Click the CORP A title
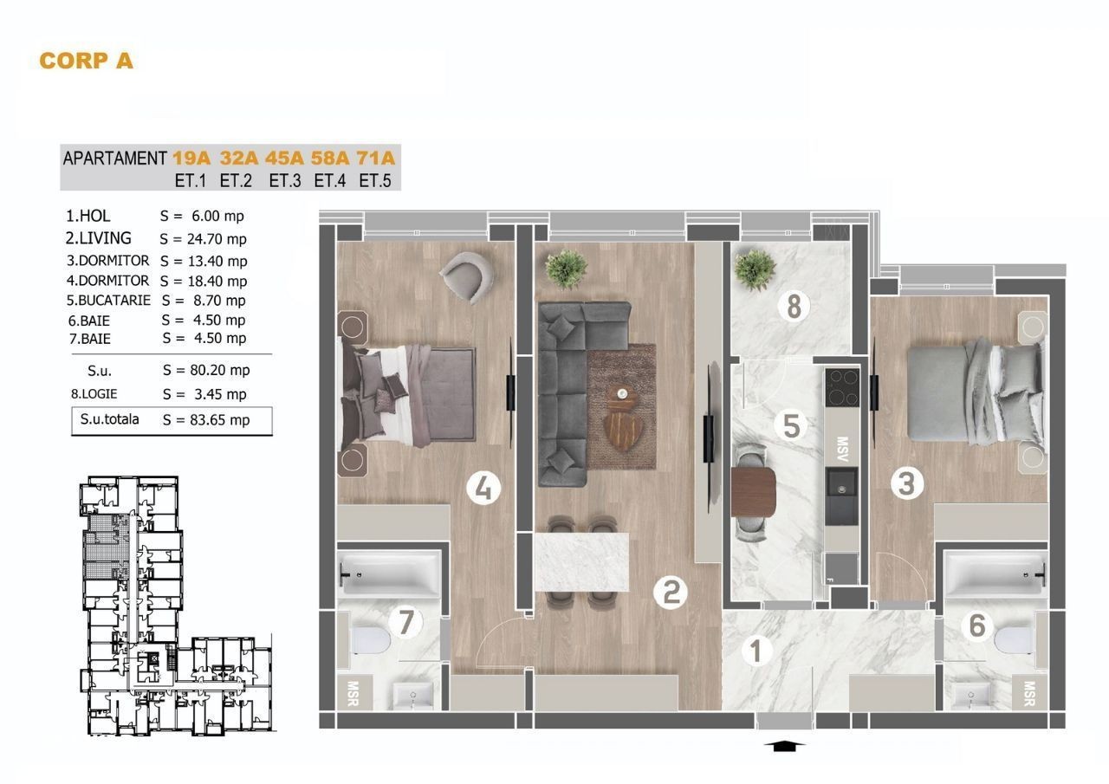click(86, 61)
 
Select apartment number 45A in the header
click(284, 158)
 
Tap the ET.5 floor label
click(375, 181)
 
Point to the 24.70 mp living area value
click(217, 239)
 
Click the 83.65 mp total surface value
click(220, 419)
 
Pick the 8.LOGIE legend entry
click(94, 394)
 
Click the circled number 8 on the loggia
click(794, 307)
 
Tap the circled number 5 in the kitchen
click(791, 425)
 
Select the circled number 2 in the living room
click(671, 592)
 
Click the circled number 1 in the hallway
click(756, 651)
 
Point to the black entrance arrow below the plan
click(784, 745)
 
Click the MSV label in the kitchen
click(841, 449)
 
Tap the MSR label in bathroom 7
click(353, 694)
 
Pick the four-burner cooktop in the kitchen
click(842, 387)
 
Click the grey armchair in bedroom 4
click(467, 276)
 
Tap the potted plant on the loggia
click(755, 269)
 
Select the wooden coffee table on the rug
click(620, 424)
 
